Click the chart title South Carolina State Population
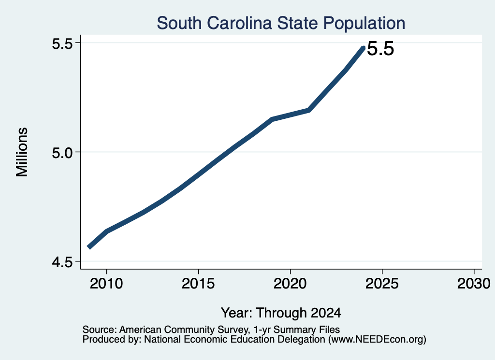click(281, 23)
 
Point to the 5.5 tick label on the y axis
click(62, 43)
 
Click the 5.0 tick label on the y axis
click(62, 152)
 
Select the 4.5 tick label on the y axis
click(62, 262)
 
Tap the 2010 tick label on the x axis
click(106, 284)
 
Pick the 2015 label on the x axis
click(198, 284)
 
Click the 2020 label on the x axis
click(290, 284)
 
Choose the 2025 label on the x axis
click(382, 284)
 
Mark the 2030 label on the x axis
click(474, 284)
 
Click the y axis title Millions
click(22, 152)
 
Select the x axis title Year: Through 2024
click(281, 313)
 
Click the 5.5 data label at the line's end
click(381, 49)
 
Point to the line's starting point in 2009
click(89, 247)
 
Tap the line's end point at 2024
click(364, 48)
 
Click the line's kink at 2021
click(308, 110)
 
